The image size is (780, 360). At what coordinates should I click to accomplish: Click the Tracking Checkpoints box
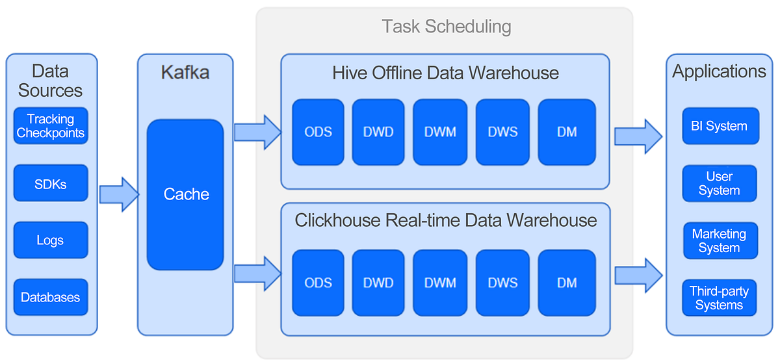coord(50,125)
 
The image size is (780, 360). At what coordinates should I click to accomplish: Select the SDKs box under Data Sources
coord(50,183)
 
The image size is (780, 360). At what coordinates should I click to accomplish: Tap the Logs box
coord(50,240)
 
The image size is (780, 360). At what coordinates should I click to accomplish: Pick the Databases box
coord(50,298)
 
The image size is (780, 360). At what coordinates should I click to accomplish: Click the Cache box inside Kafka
coord(186,194)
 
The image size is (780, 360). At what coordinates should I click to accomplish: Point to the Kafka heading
coord(185,71)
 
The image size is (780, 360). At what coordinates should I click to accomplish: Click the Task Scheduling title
coord(446,27)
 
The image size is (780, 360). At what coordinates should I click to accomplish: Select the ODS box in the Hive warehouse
coord(318,132)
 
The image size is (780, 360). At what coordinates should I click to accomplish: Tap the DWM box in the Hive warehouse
coord(440,132)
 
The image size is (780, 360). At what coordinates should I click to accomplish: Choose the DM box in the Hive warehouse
coord(567,132)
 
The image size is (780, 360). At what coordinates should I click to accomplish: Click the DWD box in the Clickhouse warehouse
coord(378,283)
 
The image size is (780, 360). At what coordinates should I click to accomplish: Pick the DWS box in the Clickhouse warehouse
coord(502,283)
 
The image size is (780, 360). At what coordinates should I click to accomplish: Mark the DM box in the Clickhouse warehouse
coord(567,283)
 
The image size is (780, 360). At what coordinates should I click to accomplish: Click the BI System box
coord(719,126)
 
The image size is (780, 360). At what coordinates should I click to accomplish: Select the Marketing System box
coord(719,240)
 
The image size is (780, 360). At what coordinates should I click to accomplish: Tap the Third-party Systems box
coord(719,298)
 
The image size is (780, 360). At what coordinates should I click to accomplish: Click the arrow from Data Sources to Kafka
coord(119,194)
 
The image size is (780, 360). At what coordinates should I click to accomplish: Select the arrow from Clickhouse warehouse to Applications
coord(638,276)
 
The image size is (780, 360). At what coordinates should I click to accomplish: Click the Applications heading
coord(719,71)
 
